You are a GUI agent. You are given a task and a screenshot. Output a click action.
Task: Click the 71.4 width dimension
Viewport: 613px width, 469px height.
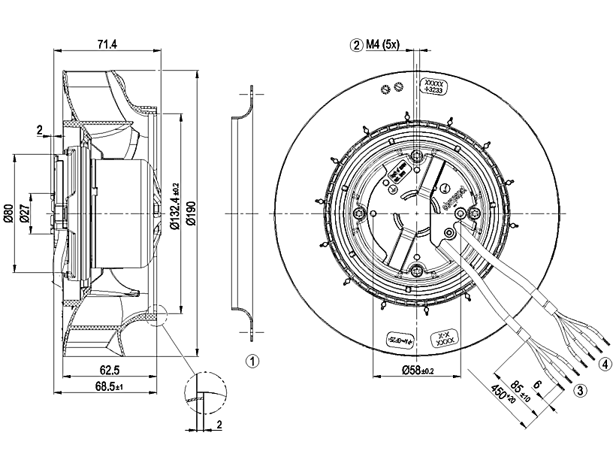(x=107, y=44)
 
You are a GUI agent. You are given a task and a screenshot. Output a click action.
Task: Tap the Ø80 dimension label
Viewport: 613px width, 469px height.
(x=8, y=215)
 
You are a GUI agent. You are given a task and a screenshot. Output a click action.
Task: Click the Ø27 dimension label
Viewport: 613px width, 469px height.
(x=24, y=215)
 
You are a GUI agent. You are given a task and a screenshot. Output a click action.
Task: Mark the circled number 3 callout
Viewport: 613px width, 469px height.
(x=580, y=390)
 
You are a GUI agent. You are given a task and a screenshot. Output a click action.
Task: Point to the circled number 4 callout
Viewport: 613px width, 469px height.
(x=605, y=366)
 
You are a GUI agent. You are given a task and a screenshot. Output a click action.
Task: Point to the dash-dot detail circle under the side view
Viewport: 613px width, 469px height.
(x=204, y=392)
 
